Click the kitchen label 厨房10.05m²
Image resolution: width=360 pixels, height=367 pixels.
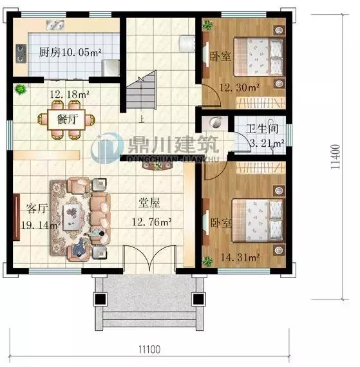click(70, 52)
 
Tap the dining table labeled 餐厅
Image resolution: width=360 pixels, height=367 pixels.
click(66, 119)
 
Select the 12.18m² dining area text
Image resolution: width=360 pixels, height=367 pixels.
click(70, 94)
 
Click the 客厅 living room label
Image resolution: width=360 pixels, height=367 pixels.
click(37, 209)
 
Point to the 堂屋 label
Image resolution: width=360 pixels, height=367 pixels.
click(149, 203)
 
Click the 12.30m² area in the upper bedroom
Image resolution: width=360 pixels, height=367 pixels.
click(240, 88)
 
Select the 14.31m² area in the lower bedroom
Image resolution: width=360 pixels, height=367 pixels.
click(240, 258)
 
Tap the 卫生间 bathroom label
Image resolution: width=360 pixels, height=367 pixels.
click(262, 129)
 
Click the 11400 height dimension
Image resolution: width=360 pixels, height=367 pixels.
click(335, 156)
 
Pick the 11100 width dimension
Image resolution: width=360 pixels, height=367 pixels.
click(149, 350)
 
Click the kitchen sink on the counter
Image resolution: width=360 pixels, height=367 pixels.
click(55, 25)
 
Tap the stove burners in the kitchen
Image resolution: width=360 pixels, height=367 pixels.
click(21, 53)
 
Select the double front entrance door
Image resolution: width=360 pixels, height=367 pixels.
click(150, 259)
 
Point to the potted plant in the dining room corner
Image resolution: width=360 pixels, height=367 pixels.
click(21, 89)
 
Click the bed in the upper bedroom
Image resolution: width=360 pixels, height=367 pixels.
click(258, 57)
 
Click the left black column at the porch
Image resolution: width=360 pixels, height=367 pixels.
click(100, 299)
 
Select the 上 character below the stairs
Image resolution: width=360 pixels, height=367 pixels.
click(141, 120)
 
